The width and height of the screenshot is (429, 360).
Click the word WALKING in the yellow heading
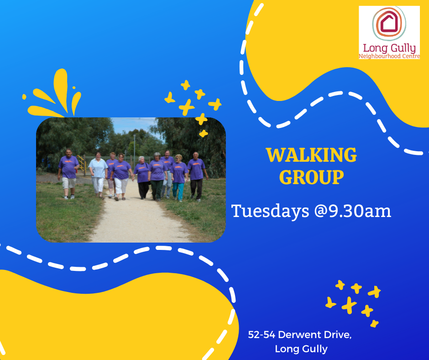pyautogui.click(x=311, y=155)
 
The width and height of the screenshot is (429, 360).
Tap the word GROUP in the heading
pyautogui.click(x=311, y=177)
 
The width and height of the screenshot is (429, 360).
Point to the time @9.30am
pyautogui.click(x=353, y=211)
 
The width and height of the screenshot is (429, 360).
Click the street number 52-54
pyautogui.click(x=262, y=334)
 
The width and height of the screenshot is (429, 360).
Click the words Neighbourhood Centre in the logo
pyautogui.click(x=389, y=56)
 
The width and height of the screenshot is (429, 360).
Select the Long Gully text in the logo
pyautogui.click(x=389, y=48)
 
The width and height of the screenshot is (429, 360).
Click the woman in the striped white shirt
pyautogui.click(x=98, y=174)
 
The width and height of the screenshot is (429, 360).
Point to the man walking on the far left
pyautogui.click(x=68, y=174)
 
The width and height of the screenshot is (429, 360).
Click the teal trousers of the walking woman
pyautogui.click(x=178, y=191)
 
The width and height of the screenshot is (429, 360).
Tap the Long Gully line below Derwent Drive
pyautogui.click(x=301, y=349)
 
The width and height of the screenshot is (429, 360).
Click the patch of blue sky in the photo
pyautogui.click(x=131, y=125)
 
